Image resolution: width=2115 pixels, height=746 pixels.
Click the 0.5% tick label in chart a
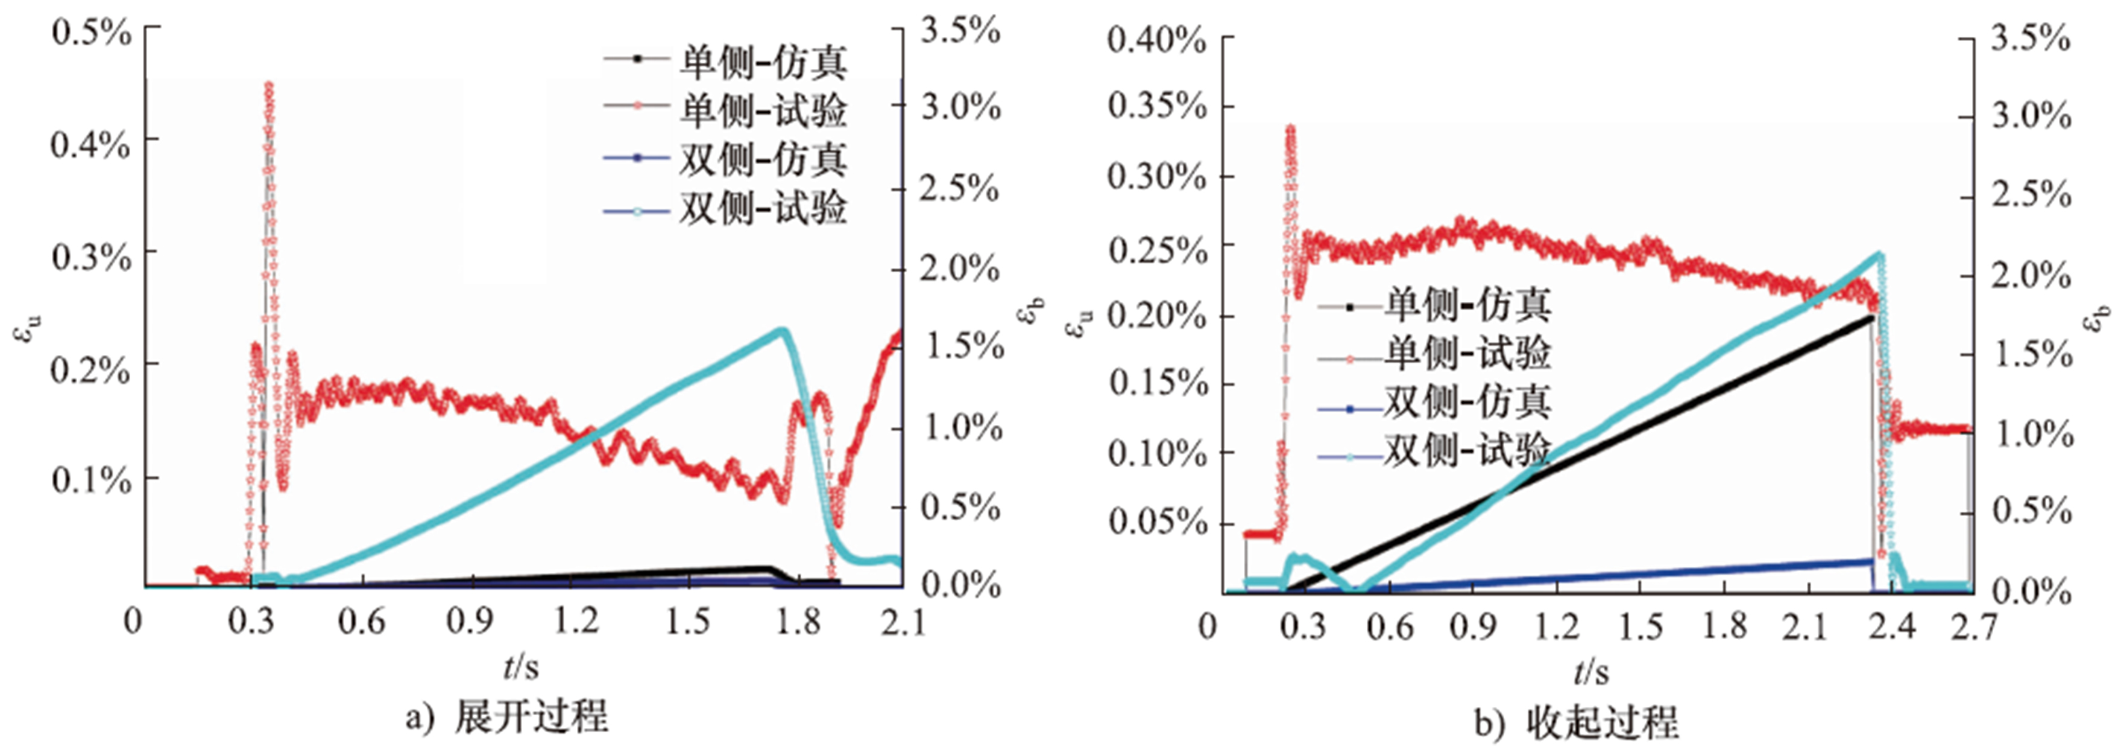(91, 33)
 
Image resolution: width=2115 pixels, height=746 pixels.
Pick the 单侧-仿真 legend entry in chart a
(725, 61)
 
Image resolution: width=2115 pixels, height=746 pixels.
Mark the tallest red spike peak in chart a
(268, 84)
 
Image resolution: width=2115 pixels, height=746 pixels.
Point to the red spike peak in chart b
(1291, 129)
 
